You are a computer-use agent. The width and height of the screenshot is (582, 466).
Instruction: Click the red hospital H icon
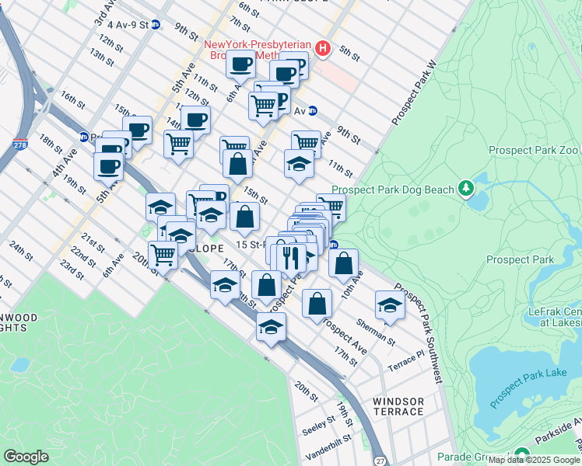pyautogui.click(x=322, y=50)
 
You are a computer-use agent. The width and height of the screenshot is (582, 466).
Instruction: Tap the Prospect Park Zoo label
pyautogui.click(x=534, y=150)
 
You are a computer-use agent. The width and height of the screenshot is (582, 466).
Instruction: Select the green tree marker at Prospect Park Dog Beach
pyautogui.click(x=466, y=188)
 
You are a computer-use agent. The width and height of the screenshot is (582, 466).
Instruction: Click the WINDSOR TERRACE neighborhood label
pyautogui.click(x=398, y=407)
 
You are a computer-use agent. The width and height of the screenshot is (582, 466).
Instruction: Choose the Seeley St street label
pyautogui.click(x=317, y=423)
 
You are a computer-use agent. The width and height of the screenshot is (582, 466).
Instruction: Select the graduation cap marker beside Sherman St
pyautogui.click(x=390, y=305)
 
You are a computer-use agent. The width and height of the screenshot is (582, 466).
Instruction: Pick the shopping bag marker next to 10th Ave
pyautogui.click(x=343, y=263)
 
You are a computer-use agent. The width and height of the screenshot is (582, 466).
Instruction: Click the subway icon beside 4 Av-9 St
pyautogui.click(x=156, y=25)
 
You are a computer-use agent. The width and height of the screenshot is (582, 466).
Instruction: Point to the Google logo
pyautogui.click(x=26, y=457)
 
